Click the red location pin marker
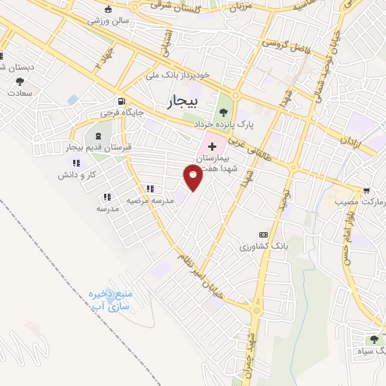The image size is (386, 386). point(193,177)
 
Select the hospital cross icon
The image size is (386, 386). point(212,145)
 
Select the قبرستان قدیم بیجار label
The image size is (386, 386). point(99,148)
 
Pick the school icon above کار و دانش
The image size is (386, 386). point(75,162)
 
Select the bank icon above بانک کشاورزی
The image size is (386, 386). point(263,234)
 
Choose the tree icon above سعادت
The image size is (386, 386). point(20,81)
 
